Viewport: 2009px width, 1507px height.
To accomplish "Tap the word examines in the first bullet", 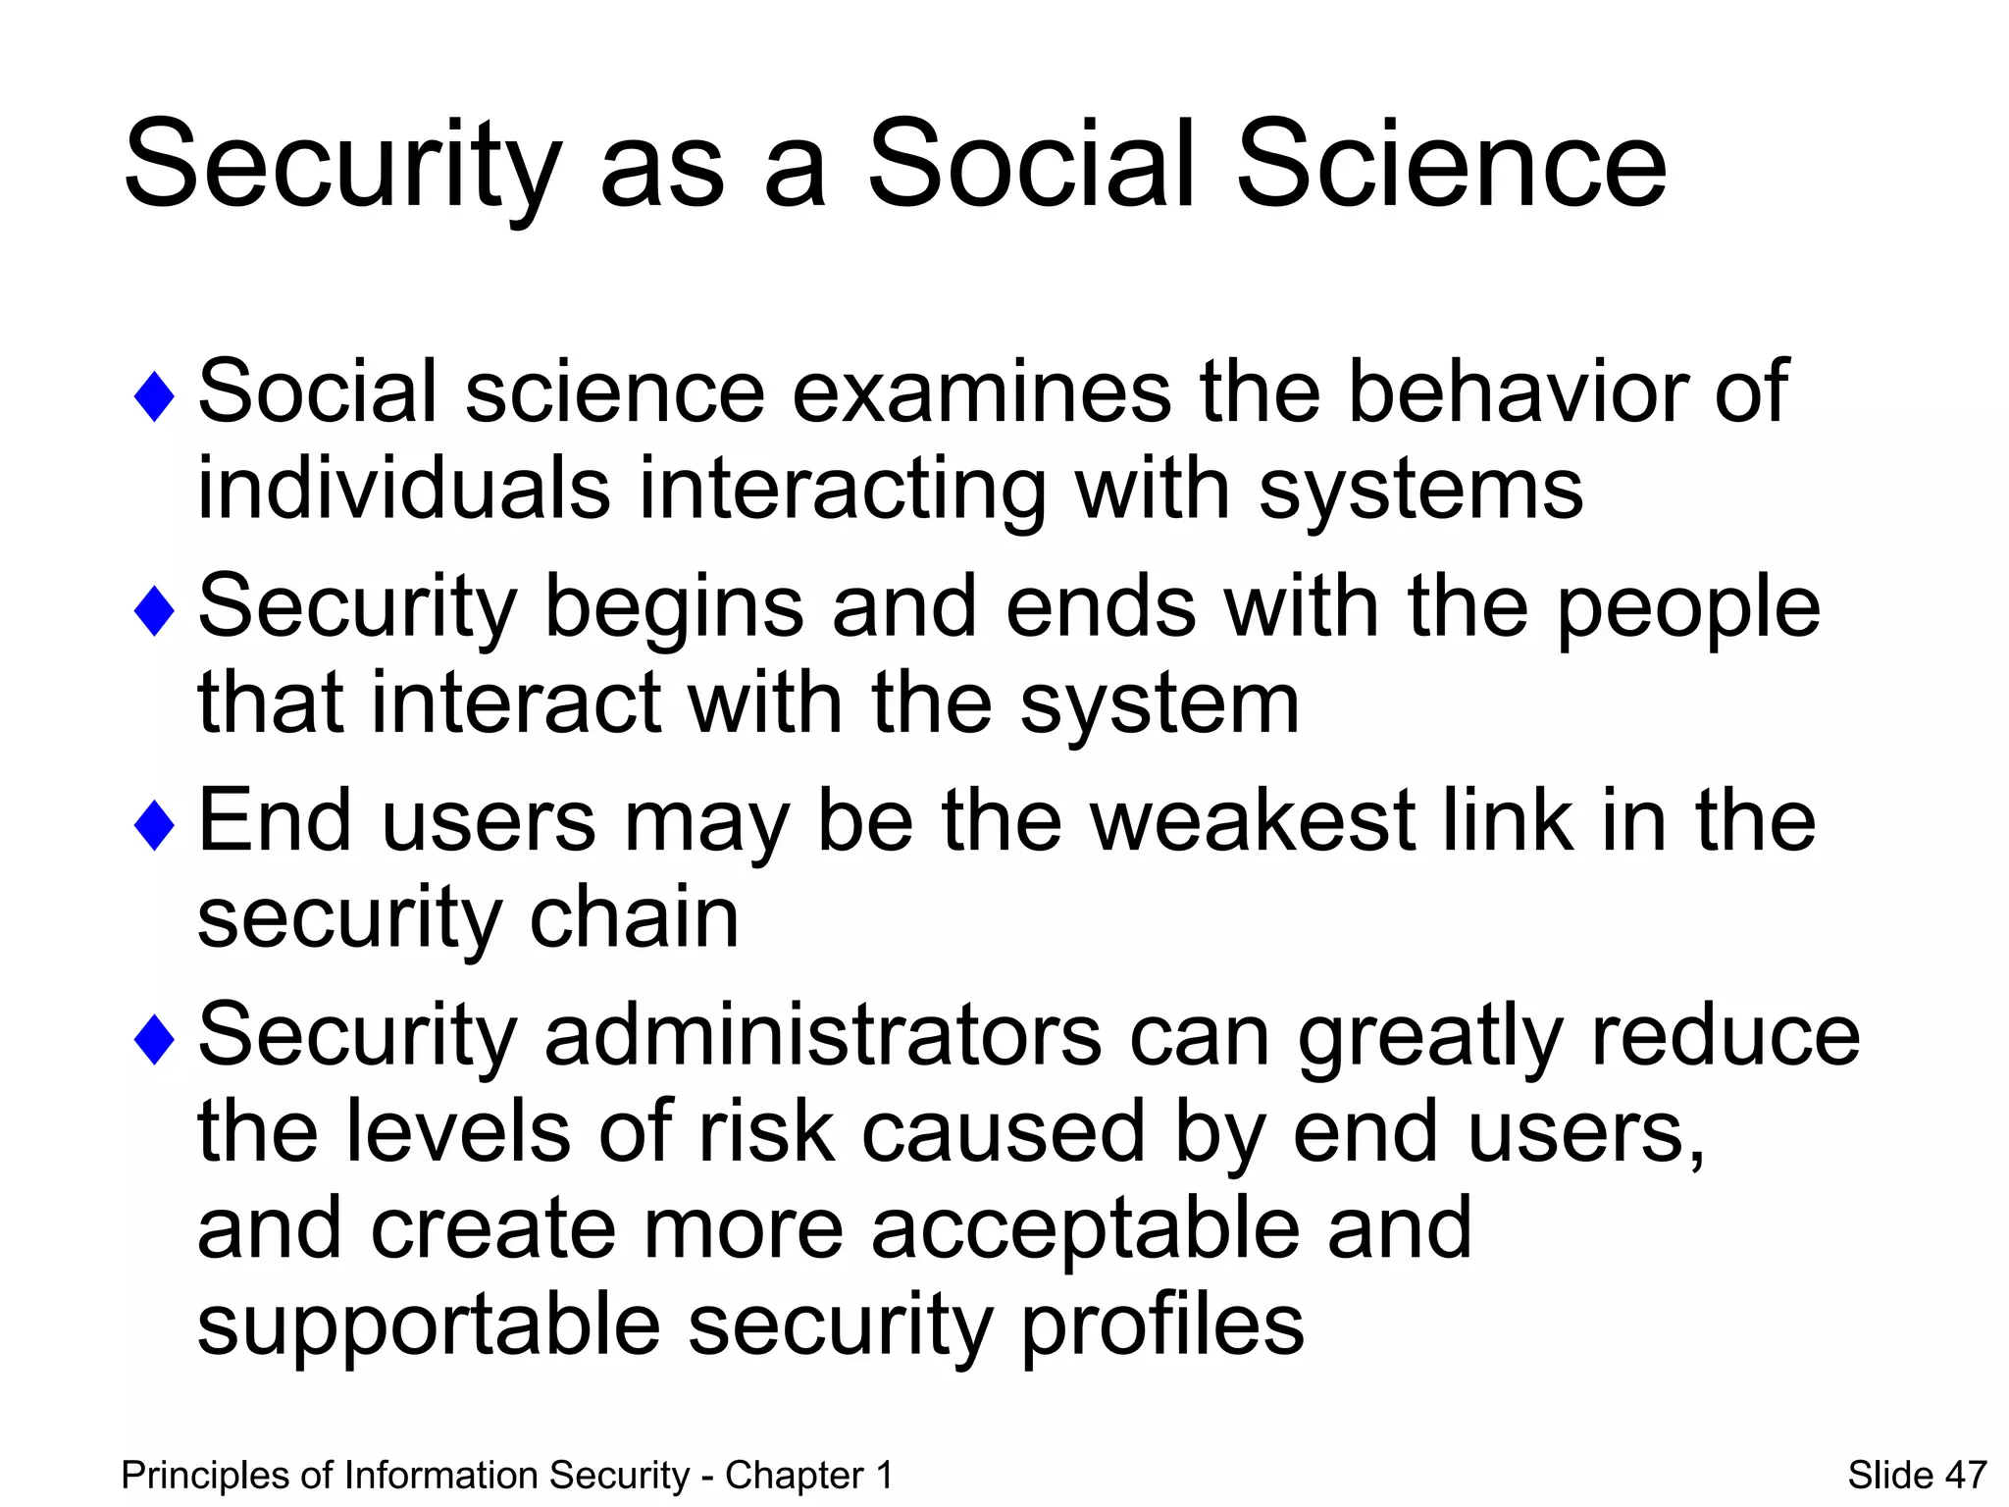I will pyautogui.click(x=980, y=392).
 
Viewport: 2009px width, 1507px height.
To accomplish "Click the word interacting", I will pyautogui.click(x=842, y=491).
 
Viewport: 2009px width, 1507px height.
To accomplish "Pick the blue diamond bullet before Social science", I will pyautogui.click(x=154, y=396).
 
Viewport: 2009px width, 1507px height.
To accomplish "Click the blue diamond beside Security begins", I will pyautogui.click(x=154, y=610).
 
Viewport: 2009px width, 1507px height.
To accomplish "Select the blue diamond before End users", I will pyautogui.click(x=154, y=824).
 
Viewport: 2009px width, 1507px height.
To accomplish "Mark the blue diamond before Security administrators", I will pyautogui.click(x=154, y=1039).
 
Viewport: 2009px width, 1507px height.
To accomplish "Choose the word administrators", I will pyautogui.click(x=823, y=1035).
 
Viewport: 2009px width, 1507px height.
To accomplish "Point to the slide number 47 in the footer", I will pyautogui.click(x=1965, y=1476).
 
